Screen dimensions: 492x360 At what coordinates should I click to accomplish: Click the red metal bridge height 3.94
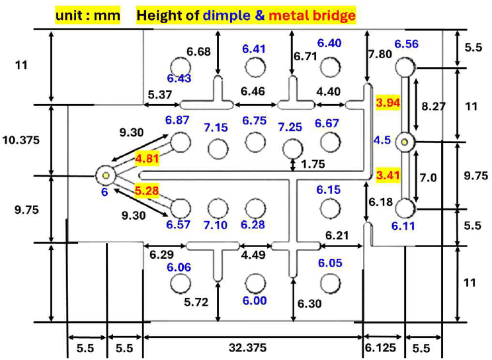point(388,103)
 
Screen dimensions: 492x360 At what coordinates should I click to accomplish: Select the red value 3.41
point(388,175)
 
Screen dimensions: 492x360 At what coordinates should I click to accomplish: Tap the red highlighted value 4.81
point(147,158)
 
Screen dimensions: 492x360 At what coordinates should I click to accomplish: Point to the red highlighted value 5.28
point(147,191)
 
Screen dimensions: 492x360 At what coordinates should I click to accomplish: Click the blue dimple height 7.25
point(290,127)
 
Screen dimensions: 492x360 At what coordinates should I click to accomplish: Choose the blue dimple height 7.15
point(216,127)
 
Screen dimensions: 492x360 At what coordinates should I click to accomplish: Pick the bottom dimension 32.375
point(248,347)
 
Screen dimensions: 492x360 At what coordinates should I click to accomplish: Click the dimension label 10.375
point(21,140)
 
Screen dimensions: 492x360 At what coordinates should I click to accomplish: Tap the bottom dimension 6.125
point(380,347)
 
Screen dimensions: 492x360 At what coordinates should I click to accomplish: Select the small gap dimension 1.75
point(313,164)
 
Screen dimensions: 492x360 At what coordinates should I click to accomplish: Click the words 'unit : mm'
point(88,15)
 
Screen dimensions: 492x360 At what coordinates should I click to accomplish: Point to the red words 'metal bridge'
point(312,15)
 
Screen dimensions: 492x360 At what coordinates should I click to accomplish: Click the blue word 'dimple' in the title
point(227,15)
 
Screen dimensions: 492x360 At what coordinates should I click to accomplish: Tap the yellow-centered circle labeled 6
point(106,175)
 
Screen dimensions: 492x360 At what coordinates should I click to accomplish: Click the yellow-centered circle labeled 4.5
point(405,142)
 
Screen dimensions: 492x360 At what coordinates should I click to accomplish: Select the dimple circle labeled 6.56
point(405,67)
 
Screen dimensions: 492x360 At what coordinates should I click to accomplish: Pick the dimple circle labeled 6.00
point(255,283)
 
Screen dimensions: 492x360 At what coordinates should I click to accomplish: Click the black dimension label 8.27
point(433,106)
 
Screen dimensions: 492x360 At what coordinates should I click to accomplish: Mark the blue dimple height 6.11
point(403,226)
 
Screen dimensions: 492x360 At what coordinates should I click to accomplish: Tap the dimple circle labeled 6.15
point(331,208)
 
